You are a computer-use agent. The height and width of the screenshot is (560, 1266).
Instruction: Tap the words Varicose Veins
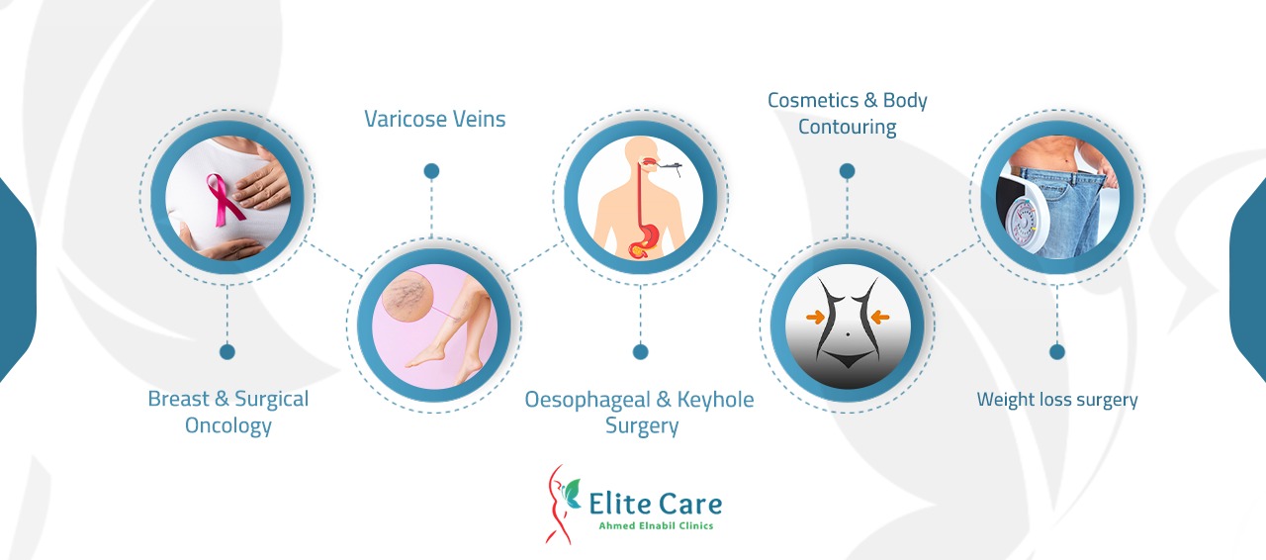[x=434, y=119]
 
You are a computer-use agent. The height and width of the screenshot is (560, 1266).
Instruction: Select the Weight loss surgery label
[x=1057, y=400]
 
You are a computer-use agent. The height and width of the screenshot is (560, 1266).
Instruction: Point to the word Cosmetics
[x=813, y=100]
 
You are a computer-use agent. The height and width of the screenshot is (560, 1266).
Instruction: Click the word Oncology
[x=227, y=426]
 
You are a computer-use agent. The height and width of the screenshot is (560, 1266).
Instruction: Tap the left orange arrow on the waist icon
[x=815, y=317]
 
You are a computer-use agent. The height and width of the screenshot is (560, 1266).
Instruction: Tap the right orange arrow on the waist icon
[x=880, y=317]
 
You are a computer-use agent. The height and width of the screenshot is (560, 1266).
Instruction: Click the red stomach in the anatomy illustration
[x=647, y=241]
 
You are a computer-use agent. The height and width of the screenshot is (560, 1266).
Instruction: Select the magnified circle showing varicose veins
[x=407, y=297]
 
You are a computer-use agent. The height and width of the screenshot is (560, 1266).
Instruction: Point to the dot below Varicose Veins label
[x=431, y=171]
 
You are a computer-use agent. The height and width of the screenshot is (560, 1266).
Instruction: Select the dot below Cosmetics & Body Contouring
[x=847, y=171]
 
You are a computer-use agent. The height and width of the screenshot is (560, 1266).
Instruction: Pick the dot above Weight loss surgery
[x=1057, y=352]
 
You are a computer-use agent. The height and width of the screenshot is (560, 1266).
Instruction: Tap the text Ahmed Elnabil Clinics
[x=656, y=526]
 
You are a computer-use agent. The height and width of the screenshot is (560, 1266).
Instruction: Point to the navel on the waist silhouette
[x=848, y=333]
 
